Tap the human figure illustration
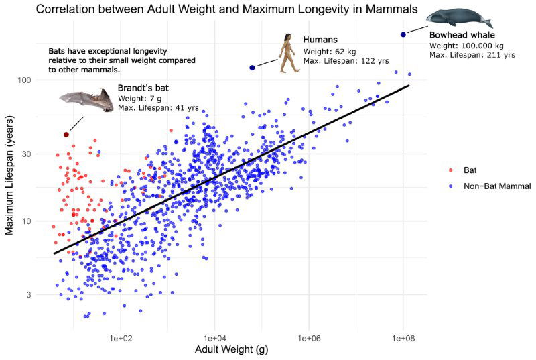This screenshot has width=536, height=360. pyautogui.click(x=289, y=53)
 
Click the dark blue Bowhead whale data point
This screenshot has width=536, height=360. pyautogui.click(x=403, y=34)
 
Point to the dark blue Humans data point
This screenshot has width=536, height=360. pyautogui.click(x=252, y=68)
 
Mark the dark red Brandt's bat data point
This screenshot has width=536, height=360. pyautogui.click(x=66, y=135)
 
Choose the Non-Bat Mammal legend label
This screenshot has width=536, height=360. pyautogui.click(x=496, y=185)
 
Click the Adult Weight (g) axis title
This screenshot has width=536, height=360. pyautogui.click(x=231, y=349)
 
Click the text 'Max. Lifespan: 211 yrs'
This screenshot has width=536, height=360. pyautogui.click(x=472, y=55)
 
